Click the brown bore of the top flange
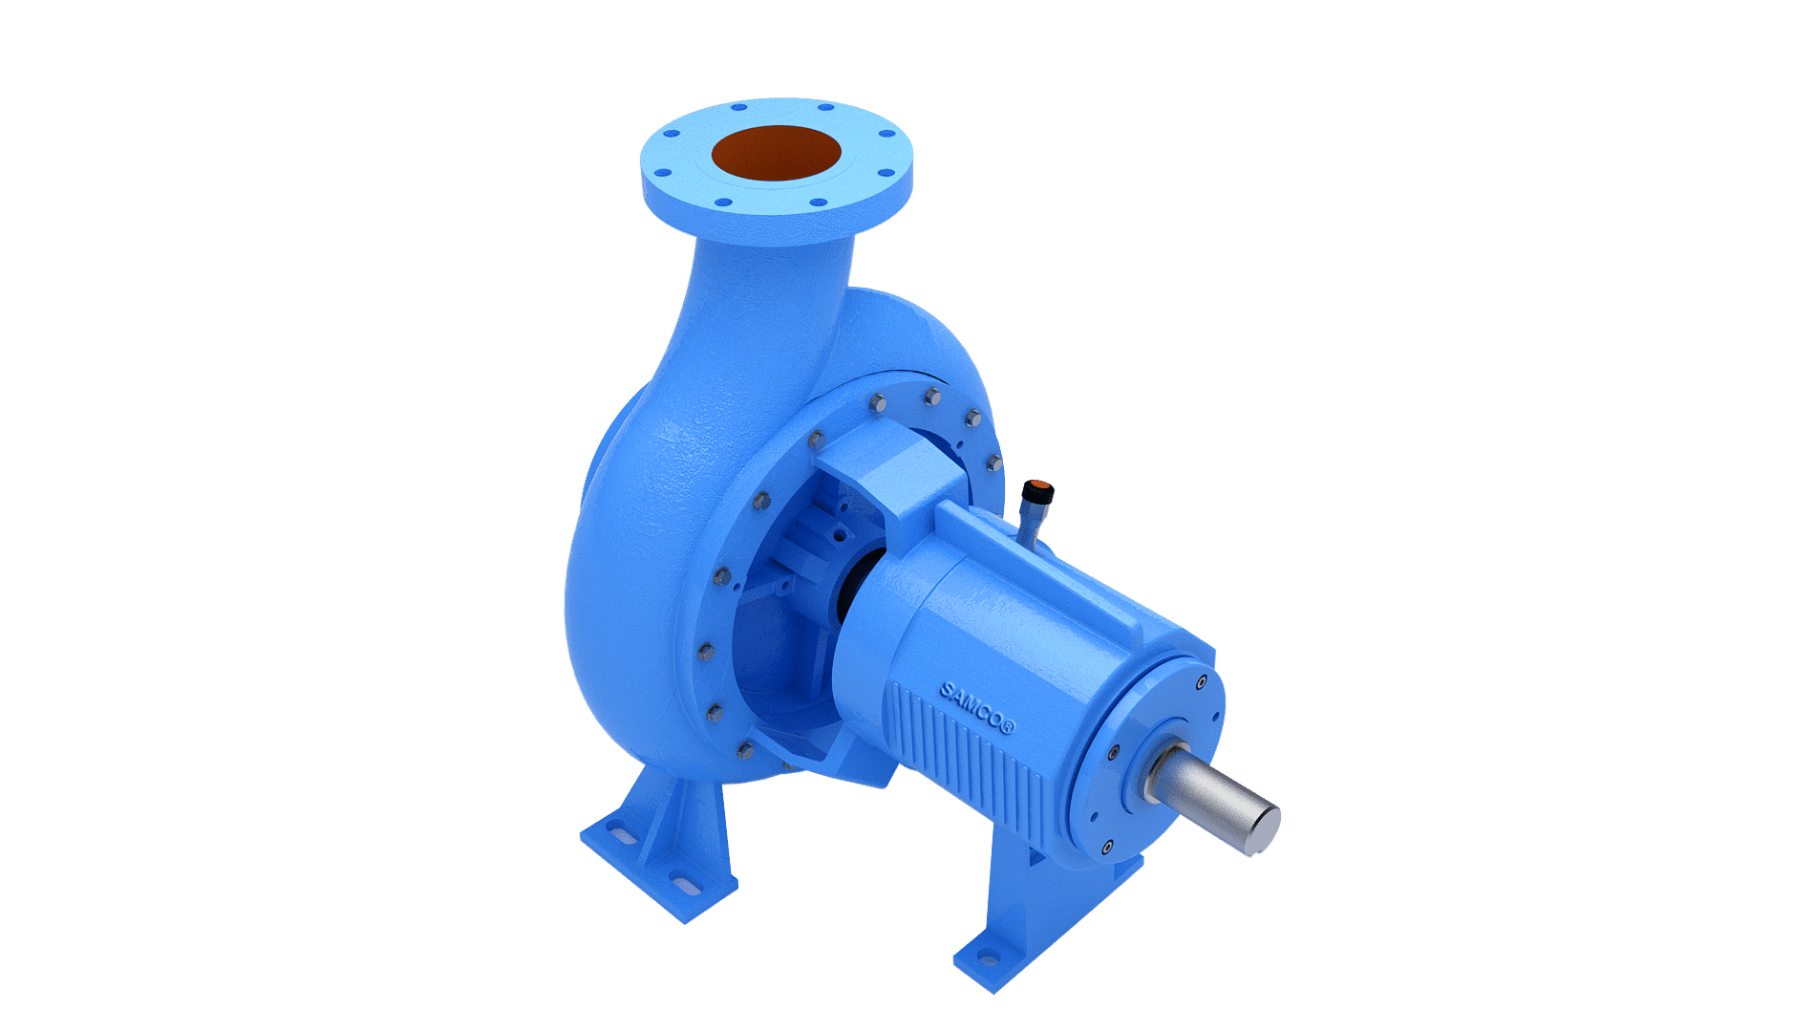(776, 153)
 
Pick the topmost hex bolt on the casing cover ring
(931, 393)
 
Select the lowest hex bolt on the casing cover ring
(743, 754)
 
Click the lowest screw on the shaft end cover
(1106, 846)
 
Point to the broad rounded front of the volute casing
(630, 573)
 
